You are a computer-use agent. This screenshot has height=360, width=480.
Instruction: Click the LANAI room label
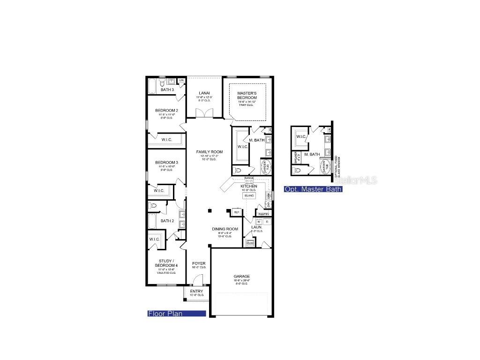pyautogui.click(x=204, y=93)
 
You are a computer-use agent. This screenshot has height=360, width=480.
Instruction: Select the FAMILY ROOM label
pyautogui.click(x=209, y=152)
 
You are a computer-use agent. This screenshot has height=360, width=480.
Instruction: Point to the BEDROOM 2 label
pyautogui.click(x=166, y=111)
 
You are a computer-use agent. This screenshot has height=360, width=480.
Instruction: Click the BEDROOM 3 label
pyautogui.click(x=166, y=162)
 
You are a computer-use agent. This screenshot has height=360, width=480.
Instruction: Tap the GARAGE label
pyautogui.click(x=242, y=277)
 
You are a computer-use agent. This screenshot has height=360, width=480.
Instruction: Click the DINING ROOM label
pyautogui.click(x=225, y=229)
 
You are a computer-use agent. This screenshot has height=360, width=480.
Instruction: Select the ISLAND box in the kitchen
pyautogui.click(x=249, y=195)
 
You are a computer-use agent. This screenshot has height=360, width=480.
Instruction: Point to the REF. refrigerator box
pyautogui.click(x=237, y=212)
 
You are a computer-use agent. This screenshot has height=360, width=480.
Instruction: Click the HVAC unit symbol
pyautogui.click(x=250, y=243)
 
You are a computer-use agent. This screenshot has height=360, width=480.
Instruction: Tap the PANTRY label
pyautogui.click(x=263, y=214)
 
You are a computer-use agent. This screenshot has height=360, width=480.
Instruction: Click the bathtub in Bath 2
pyautogui.click(x=152, y=220)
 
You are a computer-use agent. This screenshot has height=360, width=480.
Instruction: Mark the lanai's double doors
pyautogui.click(x=204, y=114)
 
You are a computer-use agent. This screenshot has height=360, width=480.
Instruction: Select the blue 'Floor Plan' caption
pyautogui.click(x=177, y=314)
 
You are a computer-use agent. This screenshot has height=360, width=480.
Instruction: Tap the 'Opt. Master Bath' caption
pyautogui.click(x=313, y=189)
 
